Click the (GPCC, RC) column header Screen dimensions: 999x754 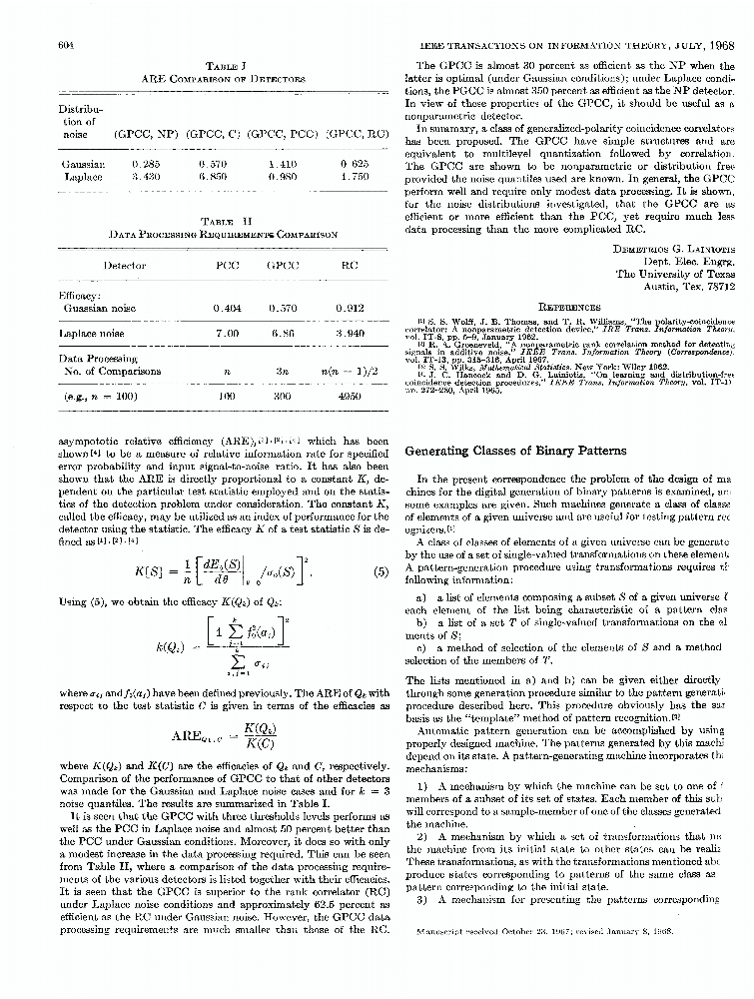tap(358, 132)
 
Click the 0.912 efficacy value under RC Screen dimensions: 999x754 tap(349, 310)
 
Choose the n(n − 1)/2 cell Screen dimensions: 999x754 tap(349, 371)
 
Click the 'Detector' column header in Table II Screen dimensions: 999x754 tap(125, 266)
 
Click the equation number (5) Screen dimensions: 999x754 tap(379, 572)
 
